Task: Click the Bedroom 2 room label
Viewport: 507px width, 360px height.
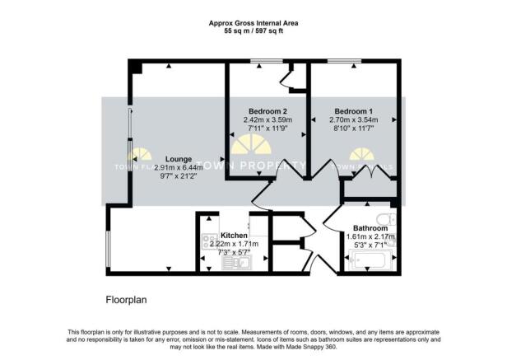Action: click(x=267, y=110)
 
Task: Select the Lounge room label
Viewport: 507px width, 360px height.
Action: click(x=179, y=159)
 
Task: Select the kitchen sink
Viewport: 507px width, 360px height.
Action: click(x=242, y=264)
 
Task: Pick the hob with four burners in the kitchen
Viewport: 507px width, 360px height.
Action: click(x=206, y=245)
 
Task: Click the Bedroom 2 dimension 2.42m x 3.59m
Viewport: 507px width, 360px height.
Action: click(x=267, y=119)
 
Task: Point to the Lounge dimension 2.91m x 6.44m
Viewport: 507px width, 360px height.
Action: click(x=179, y=168)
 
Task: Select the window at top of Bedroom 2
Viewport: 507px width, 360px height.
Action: click(x=263, y=63)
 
